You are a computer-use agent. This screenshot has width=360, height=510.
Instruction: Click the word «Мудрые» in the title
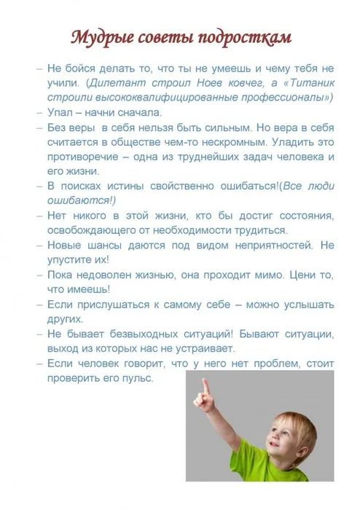pos(97,37)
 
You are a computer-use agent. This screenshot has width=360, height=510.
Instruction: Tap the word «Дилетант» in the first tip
pos(119,84)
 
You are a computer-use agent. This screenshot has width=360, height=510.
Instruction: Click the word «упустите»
pos(69,259)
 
